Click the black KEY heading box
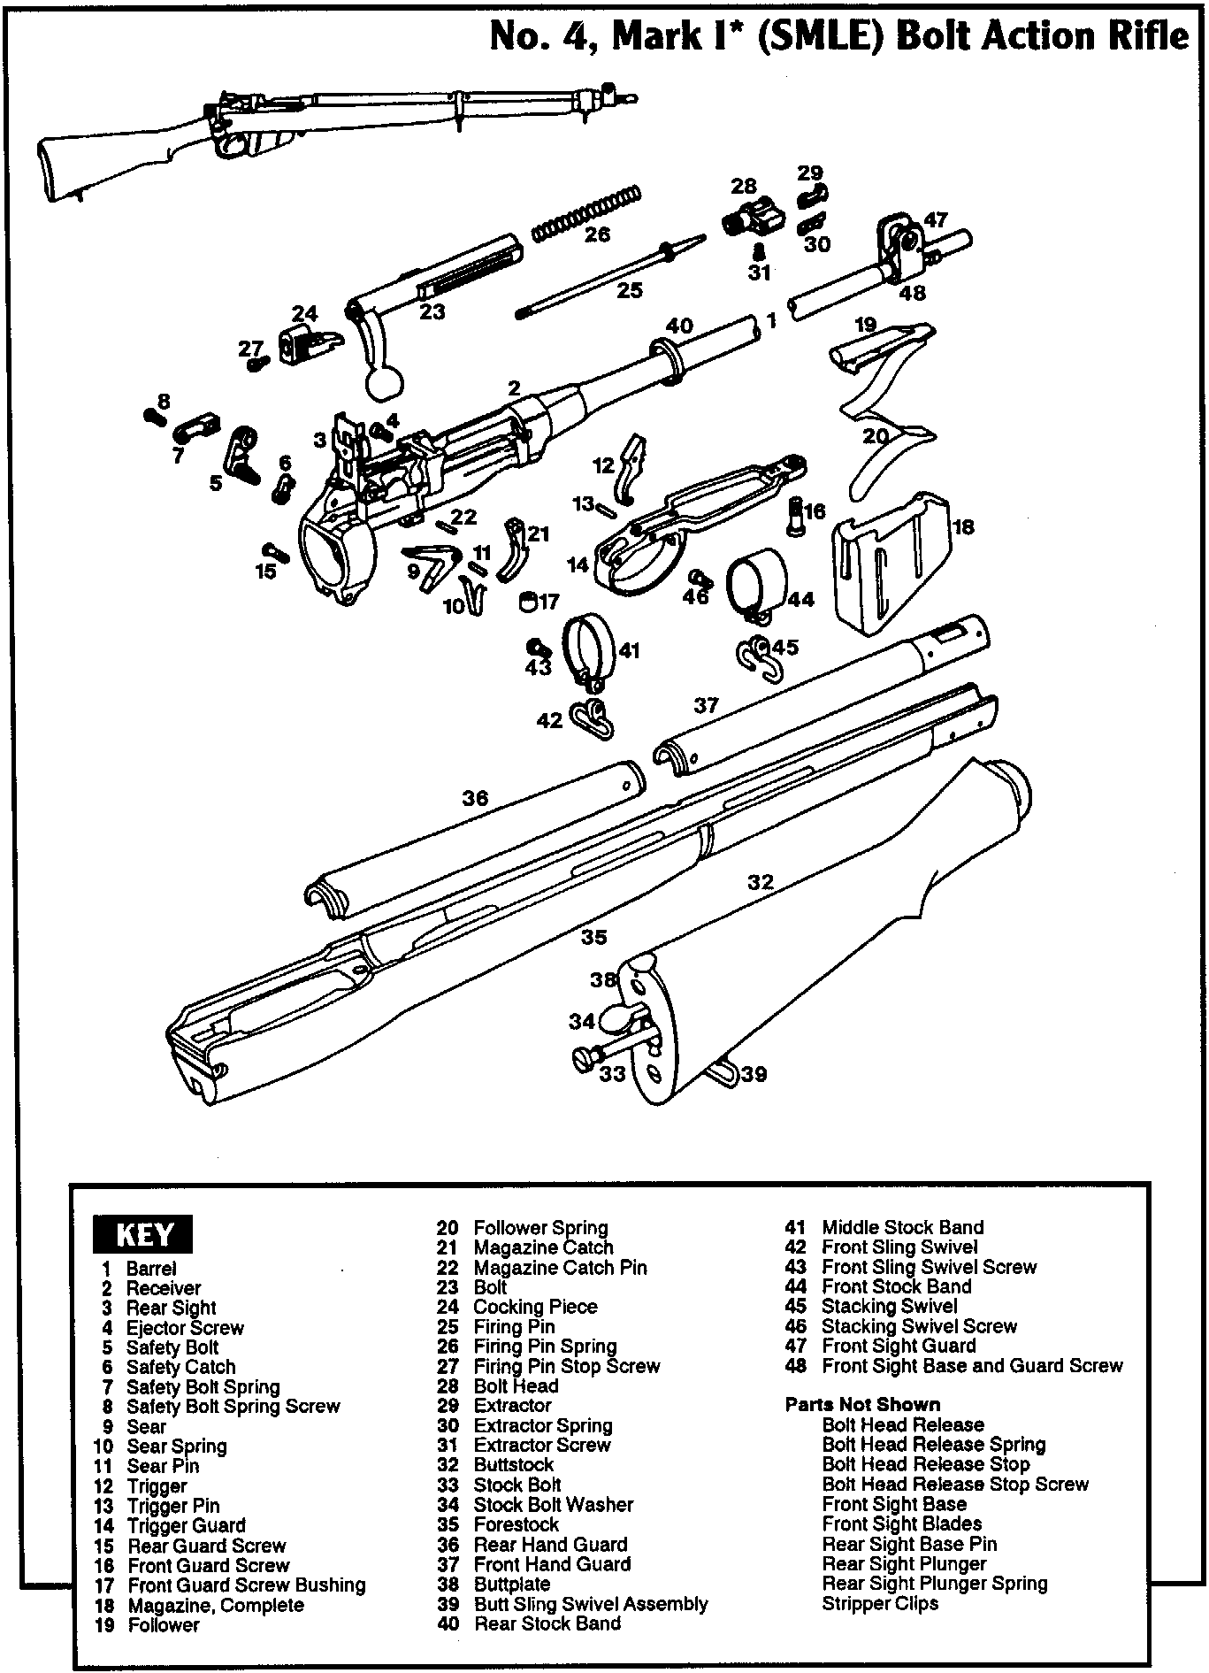pos(142,1234)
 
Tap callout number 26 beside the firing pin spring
pos(598,234)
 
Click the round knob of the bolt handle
pos(383,382)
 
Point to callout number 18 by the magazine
pos(963,527)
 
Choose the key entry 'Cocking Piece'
pos(535,1307)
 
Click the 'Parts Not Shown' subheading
pos(862,1404)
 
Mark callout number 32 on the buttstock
pos(761,882)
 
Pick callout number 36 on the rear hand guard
pos(475,798)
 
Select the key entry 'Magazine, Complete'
pos(216,1605)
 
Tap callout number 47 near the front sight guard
pos(936,219)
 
